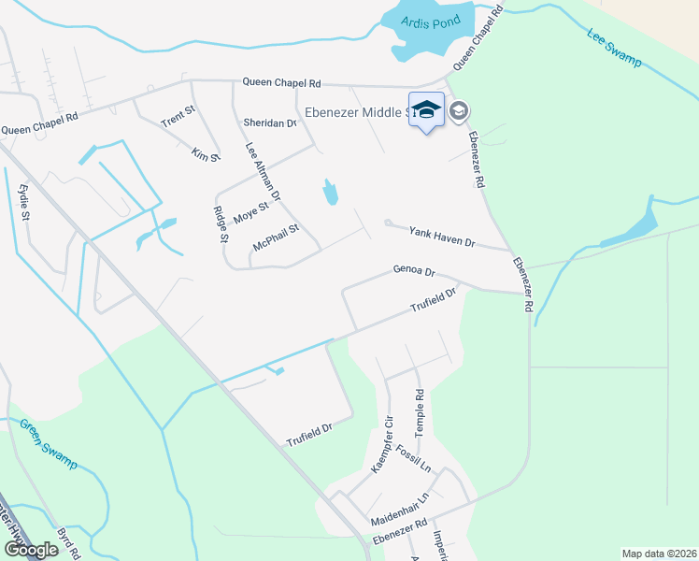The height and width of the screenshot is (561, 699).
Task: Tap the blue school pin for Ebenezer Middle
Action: [x=426, y=111]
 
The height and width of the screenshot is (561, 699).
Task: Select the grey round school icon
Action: [x=458, y=112]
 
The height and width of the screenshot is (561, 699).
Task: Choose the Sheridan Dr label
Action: [x=269, y=122]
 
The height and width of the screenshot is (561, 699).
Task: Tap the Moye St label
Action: [x=250, y=213]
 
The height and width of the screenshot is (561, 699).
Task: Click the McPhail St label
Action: [x=276, y=236]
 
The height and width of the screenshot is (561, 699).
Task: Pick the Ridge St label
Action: [x=221, y=224]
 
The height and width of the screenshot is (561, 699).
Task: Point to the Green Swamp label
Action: [x=50, y=443]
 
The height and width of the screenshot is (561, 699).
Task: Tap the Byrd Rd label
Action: [x=65, y=541]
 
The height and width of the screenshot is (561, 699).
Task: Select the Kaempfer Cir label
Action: [x=382, y=445]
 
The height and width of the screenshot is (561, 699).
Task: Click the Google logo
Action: [x=31, y=550]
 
